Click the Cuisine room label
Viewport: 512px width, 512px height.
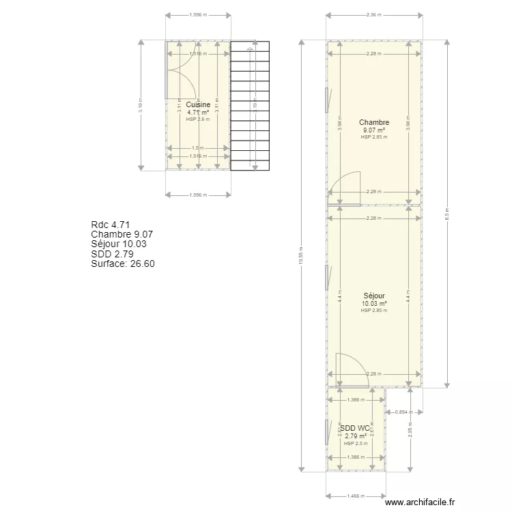(198, 104)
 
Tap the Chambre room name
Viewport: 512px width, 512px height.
(374, 123)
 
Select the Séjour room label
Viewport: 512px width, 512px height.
(374, 296)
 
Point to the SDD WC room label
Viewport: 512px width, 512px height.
(355, 428)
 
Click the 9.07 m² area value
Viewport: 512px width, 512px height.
(374, 130)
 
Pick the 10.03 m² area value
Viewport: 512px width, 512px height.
(374, 304)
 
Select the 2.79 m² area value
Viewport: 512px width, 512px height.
(355, 436)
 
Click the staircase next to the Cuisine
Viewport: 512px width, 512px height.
(248, 106)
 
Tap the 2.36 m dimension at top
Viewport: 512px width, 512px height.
(374, 14)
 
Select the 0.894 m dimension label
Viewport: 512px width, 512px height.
(404, 412)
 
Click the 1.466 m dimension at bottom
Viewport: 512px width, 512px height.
(355, 496)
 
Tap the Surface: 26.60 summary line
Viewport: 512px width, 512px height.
(123, 264)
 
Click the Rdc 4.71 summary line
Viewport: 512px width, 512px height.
(111, 225)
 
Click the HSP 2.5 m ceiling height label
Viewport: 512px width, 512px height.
(355, 443)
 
